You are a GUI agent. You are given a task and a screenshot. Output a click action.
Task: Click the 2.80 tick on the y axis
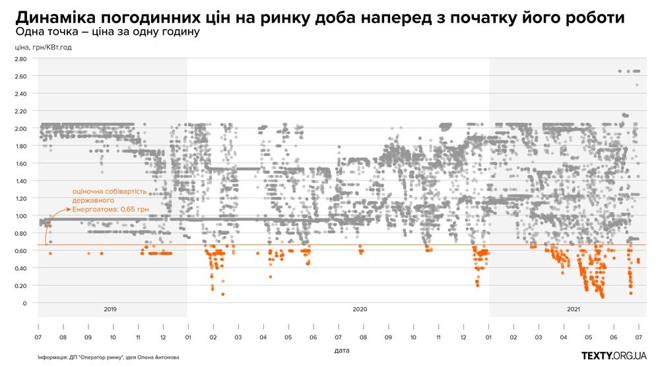[20, 59]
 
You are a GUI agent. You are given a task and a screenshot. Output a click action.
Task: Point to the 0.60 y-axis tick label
[20, 250]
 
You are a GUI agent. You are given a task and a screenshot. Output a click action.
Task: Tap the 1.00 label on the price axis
[20, 215]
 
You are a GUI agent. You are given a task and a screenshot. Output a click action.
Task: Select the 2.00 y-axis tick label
[20, 128]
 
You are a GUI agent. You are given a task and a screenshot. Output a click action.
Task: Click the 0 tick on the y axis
[24, 303]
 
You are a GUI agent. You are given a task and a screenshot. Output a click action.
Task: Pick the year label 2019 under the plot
[110, 309]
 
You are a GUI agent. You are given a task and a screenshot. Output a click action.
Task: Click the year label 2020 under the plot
[360, 309]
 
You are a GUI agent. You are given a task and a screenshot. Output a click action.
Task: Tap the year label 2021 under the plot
[573, 309]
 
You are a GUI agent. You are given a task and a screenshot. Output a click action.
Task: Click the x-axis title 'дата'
[341, 349]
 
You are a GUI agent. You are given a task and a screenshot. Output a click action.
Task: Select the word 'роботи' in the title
[614, 16]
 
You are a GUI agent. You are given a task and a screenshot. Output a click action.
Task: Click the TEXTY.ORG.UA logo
[613, 355]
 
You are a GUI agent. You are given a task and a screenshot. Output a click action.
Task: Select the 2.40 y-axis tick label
[20, 93]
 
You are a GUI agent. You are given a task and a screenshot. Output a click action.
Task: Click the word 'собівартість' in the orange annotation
[139, 192]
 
